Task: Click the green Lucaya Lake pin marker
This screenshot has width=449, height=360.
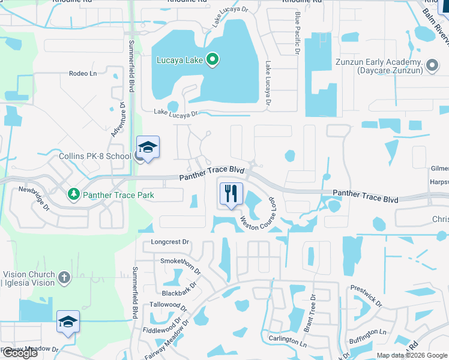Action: click(212, 59)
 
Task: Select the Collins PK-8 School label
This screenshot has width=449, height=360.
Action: click(95, 156)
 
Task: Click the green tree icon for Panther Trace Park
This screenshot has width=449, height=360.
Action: click(73, 194)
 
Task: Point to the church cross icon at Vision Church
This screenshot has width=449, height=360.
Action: click(65, 277)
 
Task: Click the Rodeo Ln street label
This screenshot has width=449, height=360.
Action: click(83, 73)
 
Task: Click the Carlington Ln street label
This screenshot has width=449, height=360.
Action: click(287, 340)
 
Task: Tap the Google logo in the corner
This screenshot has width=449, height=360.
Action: click(19, 353)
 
